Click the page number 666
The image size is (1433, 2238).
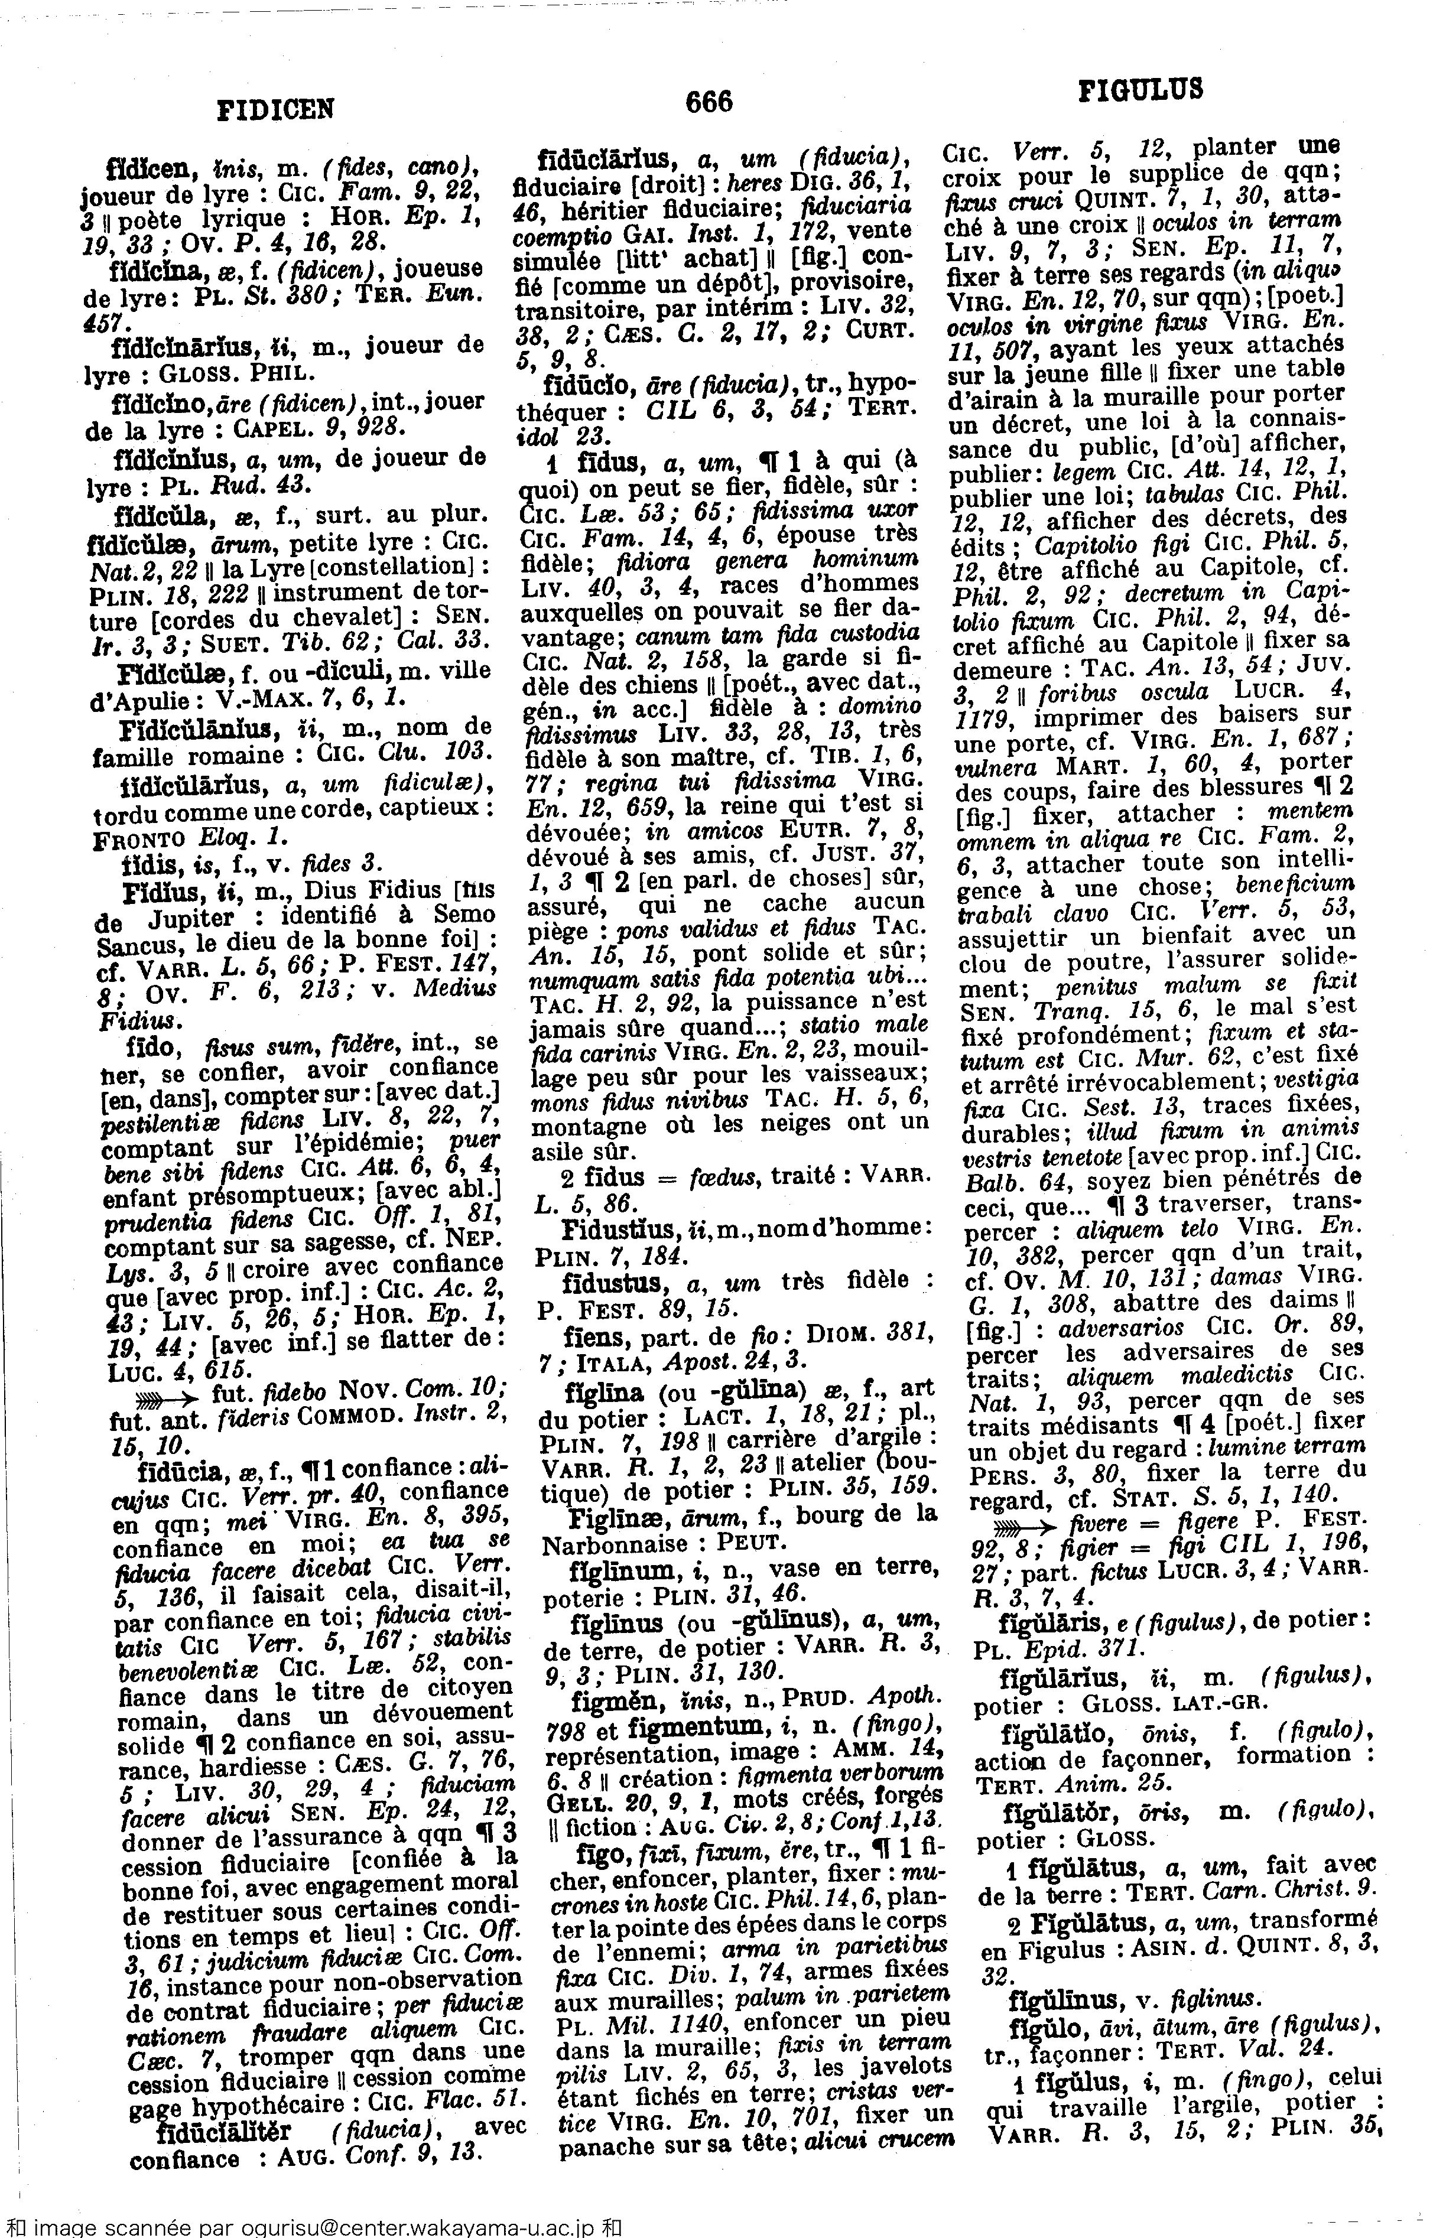(709, 100)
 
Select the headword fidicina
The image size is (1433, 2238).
(150, 270)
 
